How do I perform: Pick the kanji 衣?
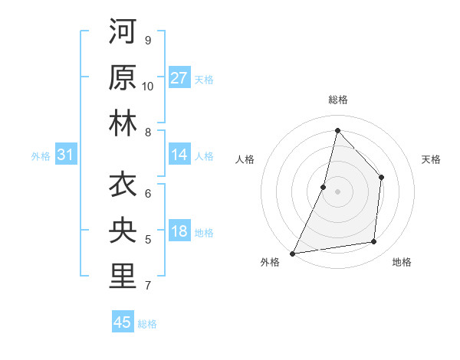coord(123,185)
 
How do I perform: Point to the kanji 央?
coord(123,230)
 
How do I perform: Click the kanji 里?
coord(123,276)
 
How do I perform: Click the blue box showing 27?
coord(179,77)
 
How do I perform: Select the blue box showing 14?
coord(179,155)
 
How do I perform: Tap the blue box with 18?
coord(179,232)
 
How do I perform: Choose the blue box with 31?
coord(66,155)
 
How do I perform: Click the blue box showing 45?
coord(123,322)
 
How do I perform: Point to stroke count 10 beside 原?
coord(147,86)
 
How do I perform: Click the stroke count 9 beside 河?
coord(147,40)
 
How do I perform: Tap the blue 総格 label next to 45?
coord(147,324)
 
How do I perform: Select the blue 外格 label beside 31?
coord(41,156)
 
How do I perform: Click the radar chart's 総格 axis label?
coord(337,100)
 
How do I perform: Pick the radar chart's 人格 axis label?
coord(245,159)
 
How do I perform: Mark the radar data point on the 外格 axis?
coord(292,253)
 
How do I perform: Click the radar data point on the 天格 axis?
coord(382,178)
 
